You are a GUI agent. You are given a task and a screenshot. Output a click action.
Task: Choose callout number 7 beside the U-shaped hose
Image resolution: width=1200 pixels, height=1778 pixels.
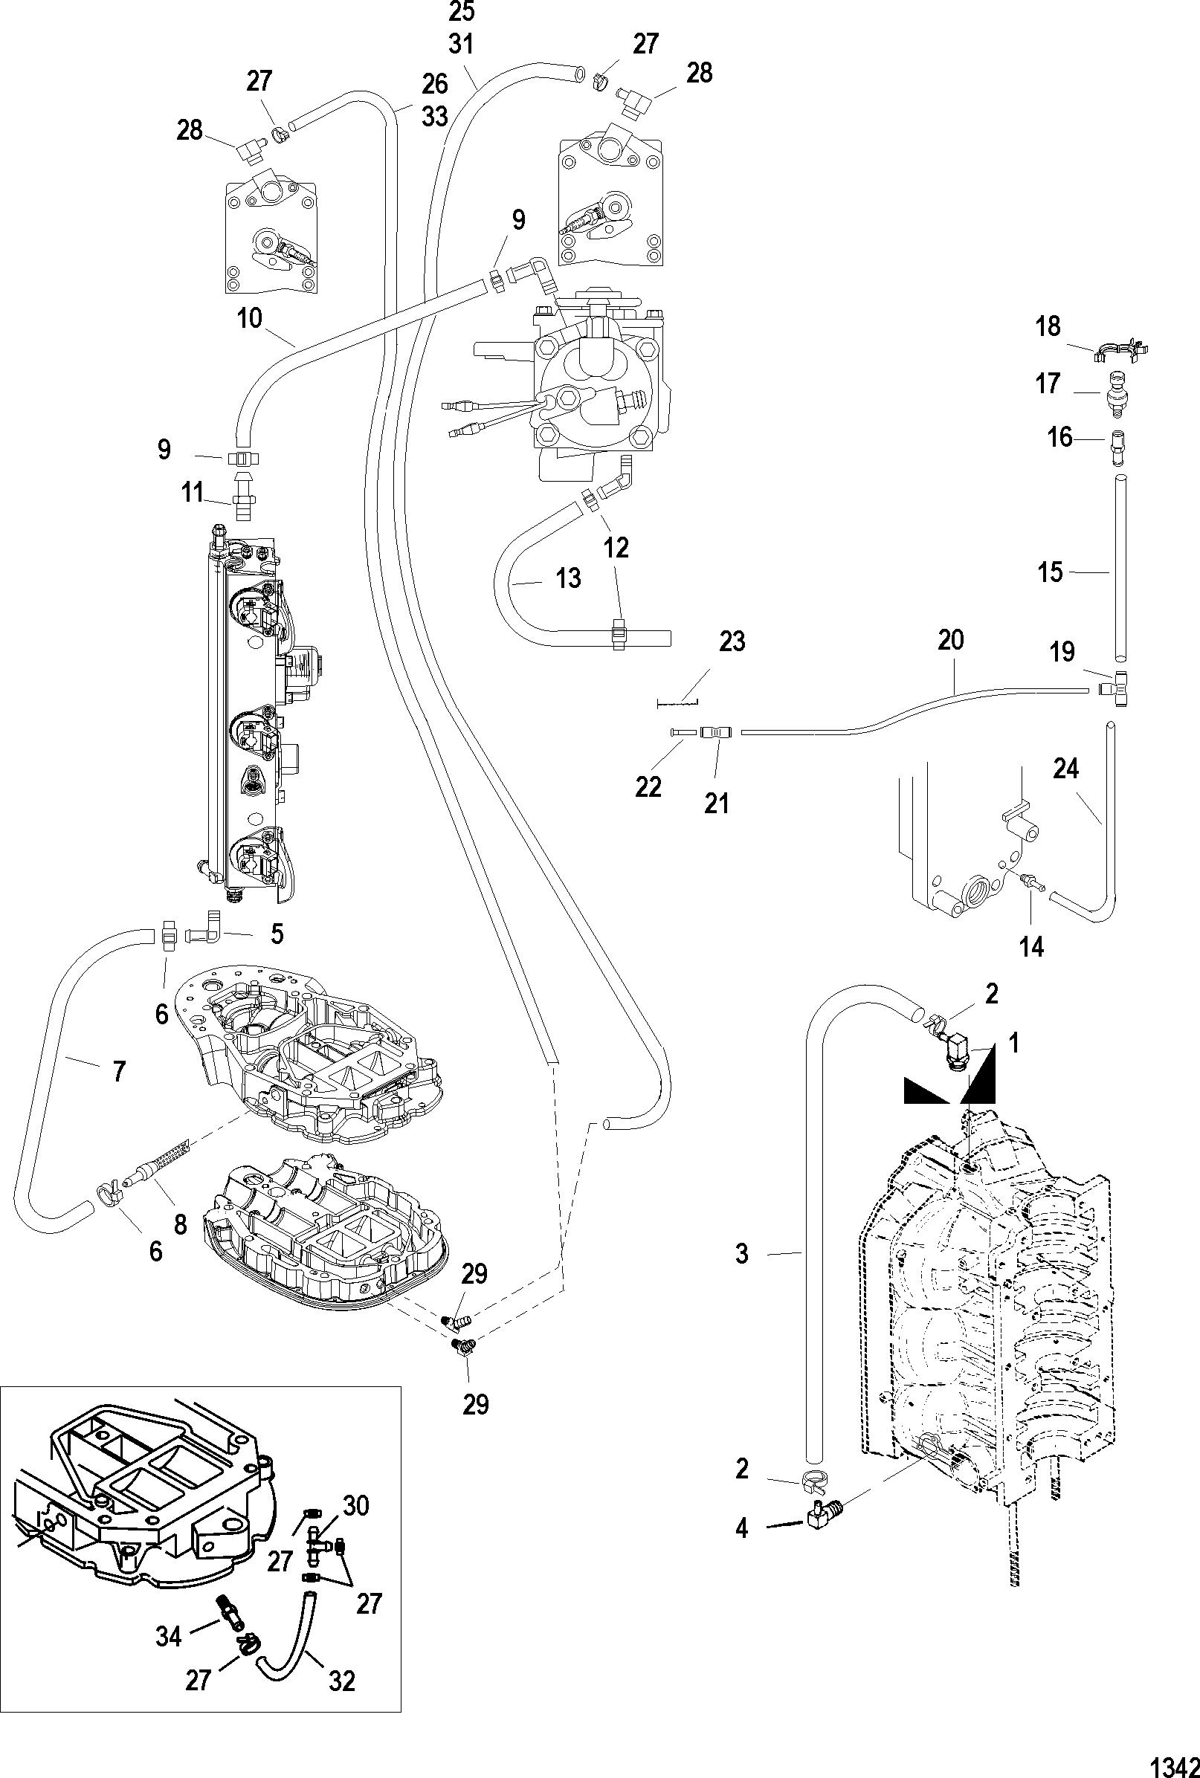coord(118,1072)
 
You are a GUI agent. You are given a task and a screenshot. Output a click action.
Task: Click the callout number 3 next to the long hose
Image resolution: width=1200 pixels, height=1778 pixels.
coord(741,1255)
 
